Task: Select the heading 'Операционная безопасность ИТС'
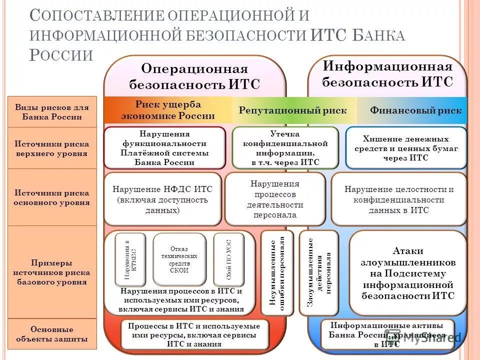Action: [x=195, y=76]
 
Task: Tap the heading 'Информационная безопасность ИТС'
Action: [x=387, y=74]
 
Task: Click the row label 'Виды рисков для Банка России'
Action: [x=52, y=112]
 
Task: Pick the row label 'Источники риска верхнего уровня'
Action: [x=52, y=148]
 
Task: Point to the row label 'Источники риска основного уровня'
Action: [x=52, y=197]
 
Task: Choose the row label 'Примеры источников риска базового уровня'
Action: [x=52, y=272]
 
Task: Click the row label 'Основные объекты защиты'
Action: [x=52, y=334]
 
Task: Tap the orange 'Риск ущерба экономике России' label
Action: [x=168, y=110]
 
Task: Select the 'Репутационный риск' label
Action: [x=292, y=110]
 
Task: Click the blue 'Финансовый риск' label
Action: [x=416, y=110]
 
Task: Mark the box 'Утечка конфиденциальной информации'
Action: [x=285, y=148]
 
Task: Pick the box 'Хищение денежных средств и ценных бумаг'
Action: [x=406, y=148]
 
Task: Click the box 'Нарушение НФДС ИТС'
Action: [x=162, y=199]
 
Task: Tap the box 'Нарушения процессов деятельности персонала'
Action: [x=274, y=199]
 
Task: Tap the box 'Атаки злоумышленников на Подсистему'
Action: [x=408, y=273]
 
